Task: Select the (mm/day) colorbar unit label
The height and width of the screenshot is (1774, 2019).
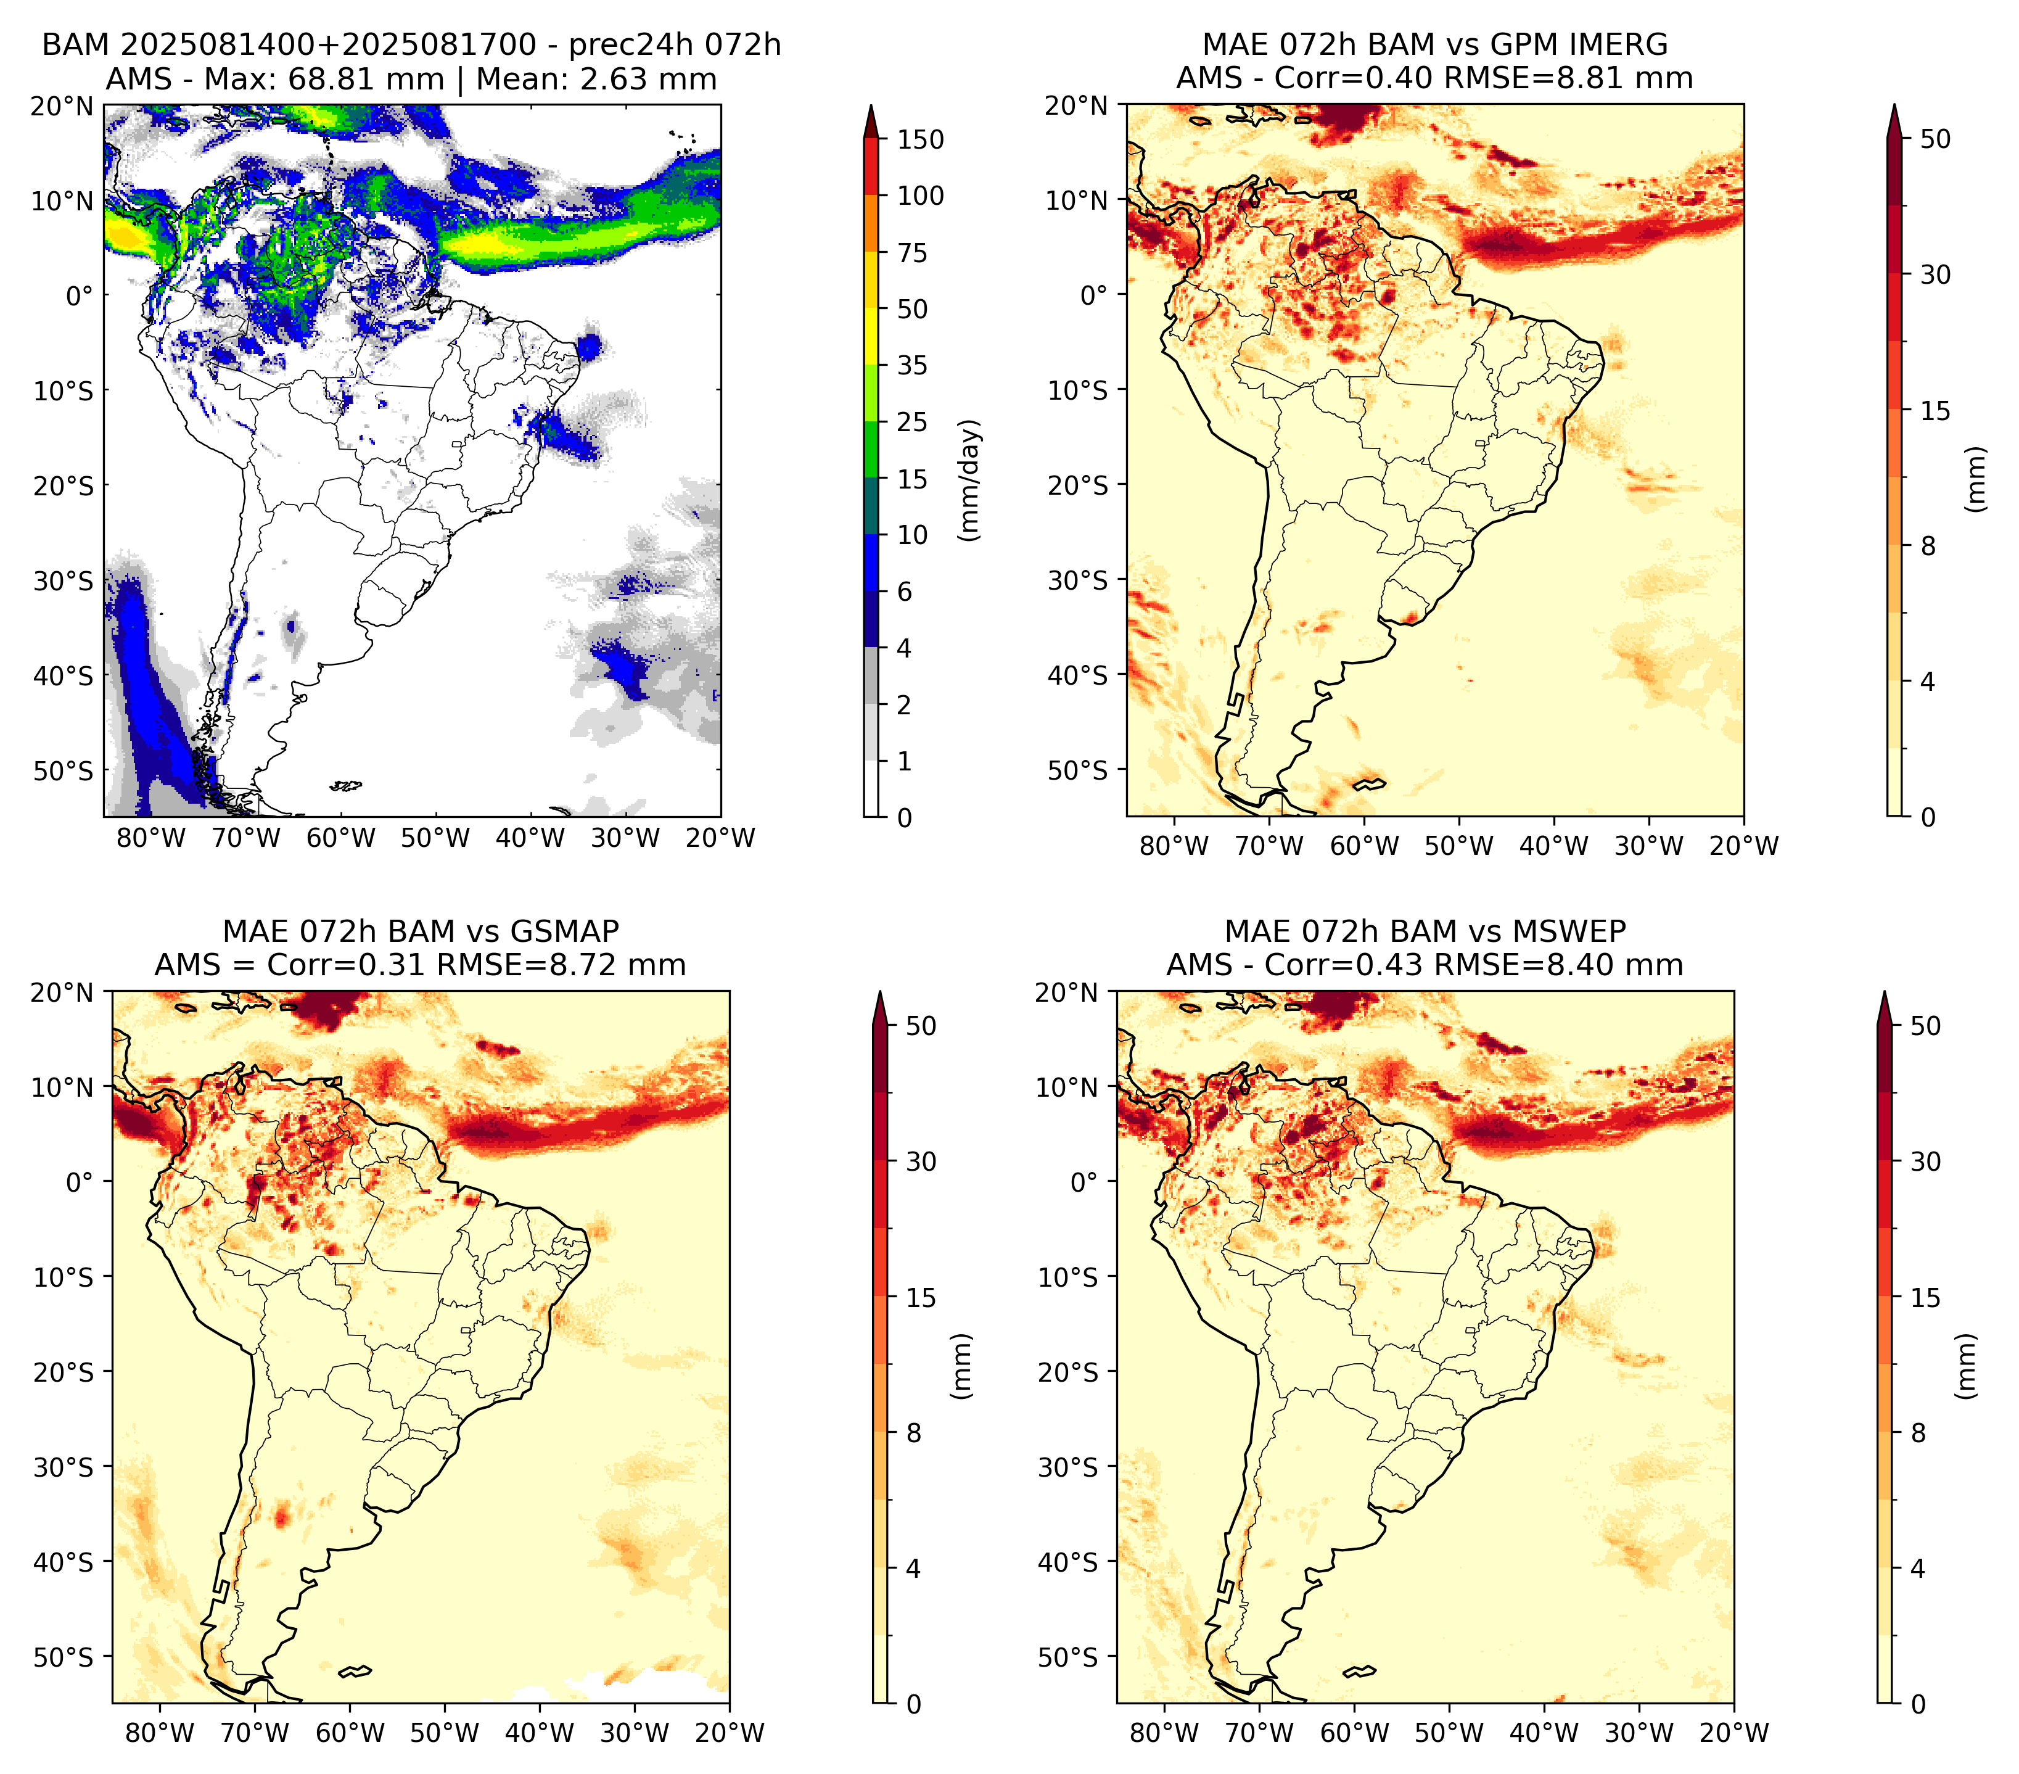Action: (x=971, y=480)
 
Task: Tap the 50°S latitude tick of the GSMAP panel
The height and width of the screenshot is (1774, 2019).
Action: (x=71, y=1656)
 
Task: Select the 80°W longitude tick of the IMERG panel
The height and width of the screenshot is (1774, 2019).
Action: (x=1174, y=846)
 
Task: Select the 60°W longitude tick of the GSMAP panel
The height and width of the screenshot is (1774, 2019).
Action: (x=350, y=1733)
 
